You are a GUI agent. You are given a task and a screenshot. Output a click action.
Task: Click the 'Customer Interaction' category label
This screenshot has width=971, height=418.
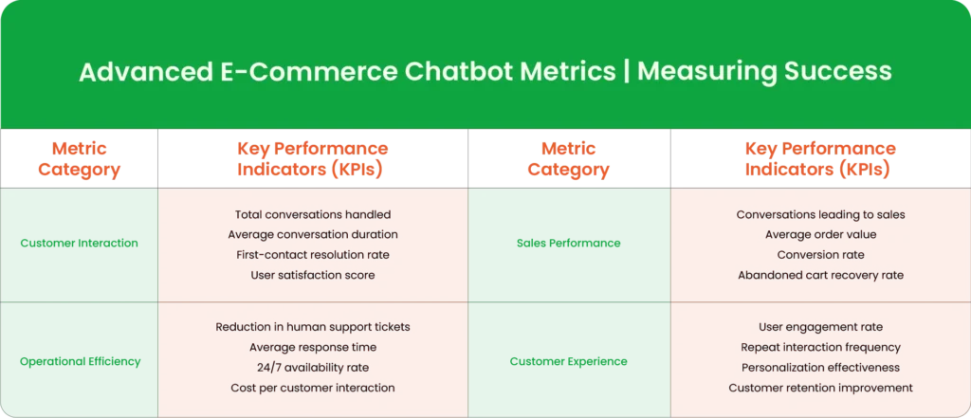click(x=80, y=244)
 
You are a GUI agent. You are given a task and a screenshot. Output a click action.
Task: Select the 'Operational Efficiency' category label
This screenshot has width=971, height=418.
click(x=81, y=362)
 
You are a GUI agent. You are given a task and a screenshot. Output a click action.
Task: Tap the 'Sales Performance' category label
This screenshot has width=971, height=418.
click(x=569, y=244)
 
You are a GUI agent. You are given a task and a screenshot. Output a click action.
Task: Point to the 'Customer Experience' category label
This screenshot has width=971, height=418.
click(x=569, y=362)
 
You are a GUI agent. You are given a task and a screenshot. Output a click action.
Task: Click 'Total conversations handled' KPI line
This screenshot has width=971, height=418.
click(x=313, y=215)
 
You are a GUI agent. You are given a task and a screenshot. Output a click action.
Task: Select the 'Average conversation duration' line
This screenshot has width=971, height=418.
click(x=313, y=235)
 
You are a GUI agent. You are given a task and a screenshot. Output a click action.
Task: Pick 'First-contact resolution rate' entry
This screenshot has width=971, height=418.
click(x=313, y=255)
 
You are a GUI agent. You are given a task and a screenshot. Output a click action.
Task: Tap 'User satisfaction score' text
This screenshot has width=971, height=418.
click(x=313, y=275)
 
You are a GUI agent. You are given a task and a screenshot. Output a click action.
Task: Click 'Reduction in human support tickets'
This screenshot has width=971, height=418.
click(x=313, y=327)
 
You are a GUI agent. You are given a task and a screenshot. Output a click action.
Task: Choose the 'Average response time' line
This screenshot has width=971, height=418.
click(x=313, y=348)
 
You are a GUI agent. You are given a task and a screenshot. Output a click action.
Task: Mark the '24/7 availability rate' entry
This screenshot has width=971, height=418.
click(x=313, y=368)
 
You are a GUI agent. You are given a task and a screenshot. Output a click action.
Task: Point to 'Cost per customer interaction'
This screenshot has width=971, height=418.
click(x=313, y=389)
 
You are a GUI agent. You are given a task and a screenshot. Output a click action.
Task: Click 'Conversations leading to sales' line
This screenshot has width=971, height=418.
click(x=820, y=215)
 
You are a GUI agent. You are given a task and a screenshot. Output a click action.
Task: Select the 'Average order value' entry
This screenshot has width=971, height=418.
click(x=820, y=235)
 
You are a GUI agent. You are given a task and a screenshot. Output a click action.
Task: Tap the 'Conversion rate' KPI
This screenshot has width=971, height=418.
click(x=820, y=255)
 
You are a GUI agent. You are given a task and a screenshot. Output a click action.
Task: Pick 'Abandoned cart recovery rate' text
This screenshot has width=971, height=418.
click(x=820, y=275)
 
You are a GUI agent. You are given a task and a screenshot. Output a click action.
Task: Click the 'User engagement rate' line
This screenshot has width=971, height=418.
click(x=820, y=327)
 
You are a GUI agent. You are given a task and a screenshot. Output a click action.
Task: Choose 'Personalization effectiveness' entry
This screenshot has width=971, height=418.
click(x=820, y=368)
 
